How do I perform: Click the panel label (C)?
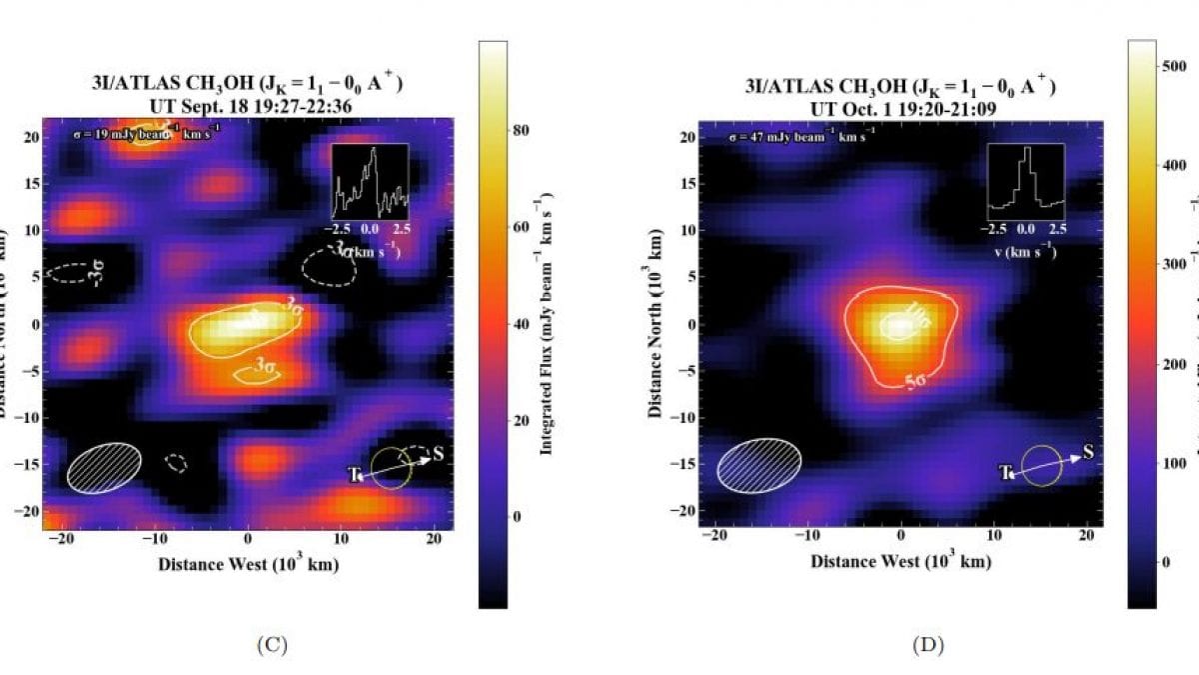coord(272,645)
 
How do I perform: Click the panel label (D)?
coord(925,645)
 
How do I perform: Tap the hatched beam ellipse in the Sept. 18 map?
coord(104,467)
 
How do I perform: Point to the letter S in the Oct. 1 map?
coord(1088,452)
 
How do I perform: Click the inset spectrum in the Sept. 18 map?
coord(371,181)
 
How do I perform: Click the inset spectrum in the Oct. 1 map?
coord(1025,181)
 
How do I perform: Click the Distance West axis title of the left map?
coord(248,564)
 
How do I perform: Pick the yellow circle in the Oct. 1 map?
coord(1040,466)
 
